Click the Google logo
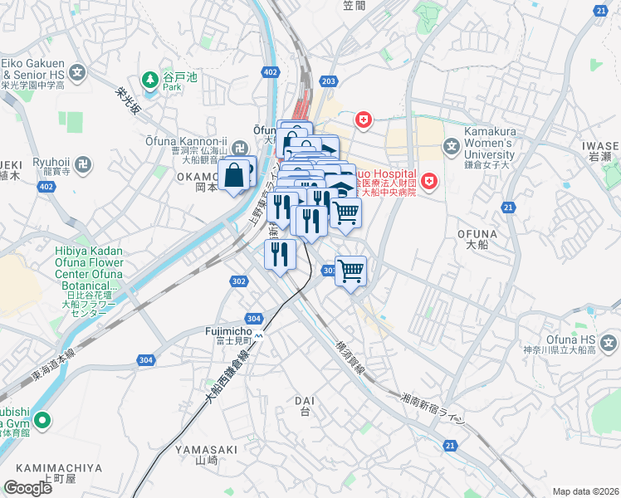click(x=27, y=488)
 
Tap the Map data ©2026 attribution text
click(x=585, y=491)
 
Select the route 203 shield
click(x=329, y=81)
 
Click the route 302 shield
click(x=239, y=282)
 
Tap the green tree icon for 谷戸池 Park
click(x=150, y=81)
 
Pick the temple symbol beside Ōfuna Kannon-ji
click(x=240, y=149)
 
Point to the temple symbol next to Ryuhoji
click(x=82, y=164)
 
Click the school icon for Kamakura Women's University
click(x=451, y=149)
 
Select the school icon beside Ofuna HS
click(x=609, y=341)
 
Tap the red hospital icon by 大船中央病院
click(x=428, y=180)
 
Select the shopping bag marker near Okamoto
click(x=235, y=175)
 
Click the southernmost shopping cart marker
click(x=351, y=270)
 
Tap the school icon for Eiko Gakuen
click(x=78, y=72)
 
